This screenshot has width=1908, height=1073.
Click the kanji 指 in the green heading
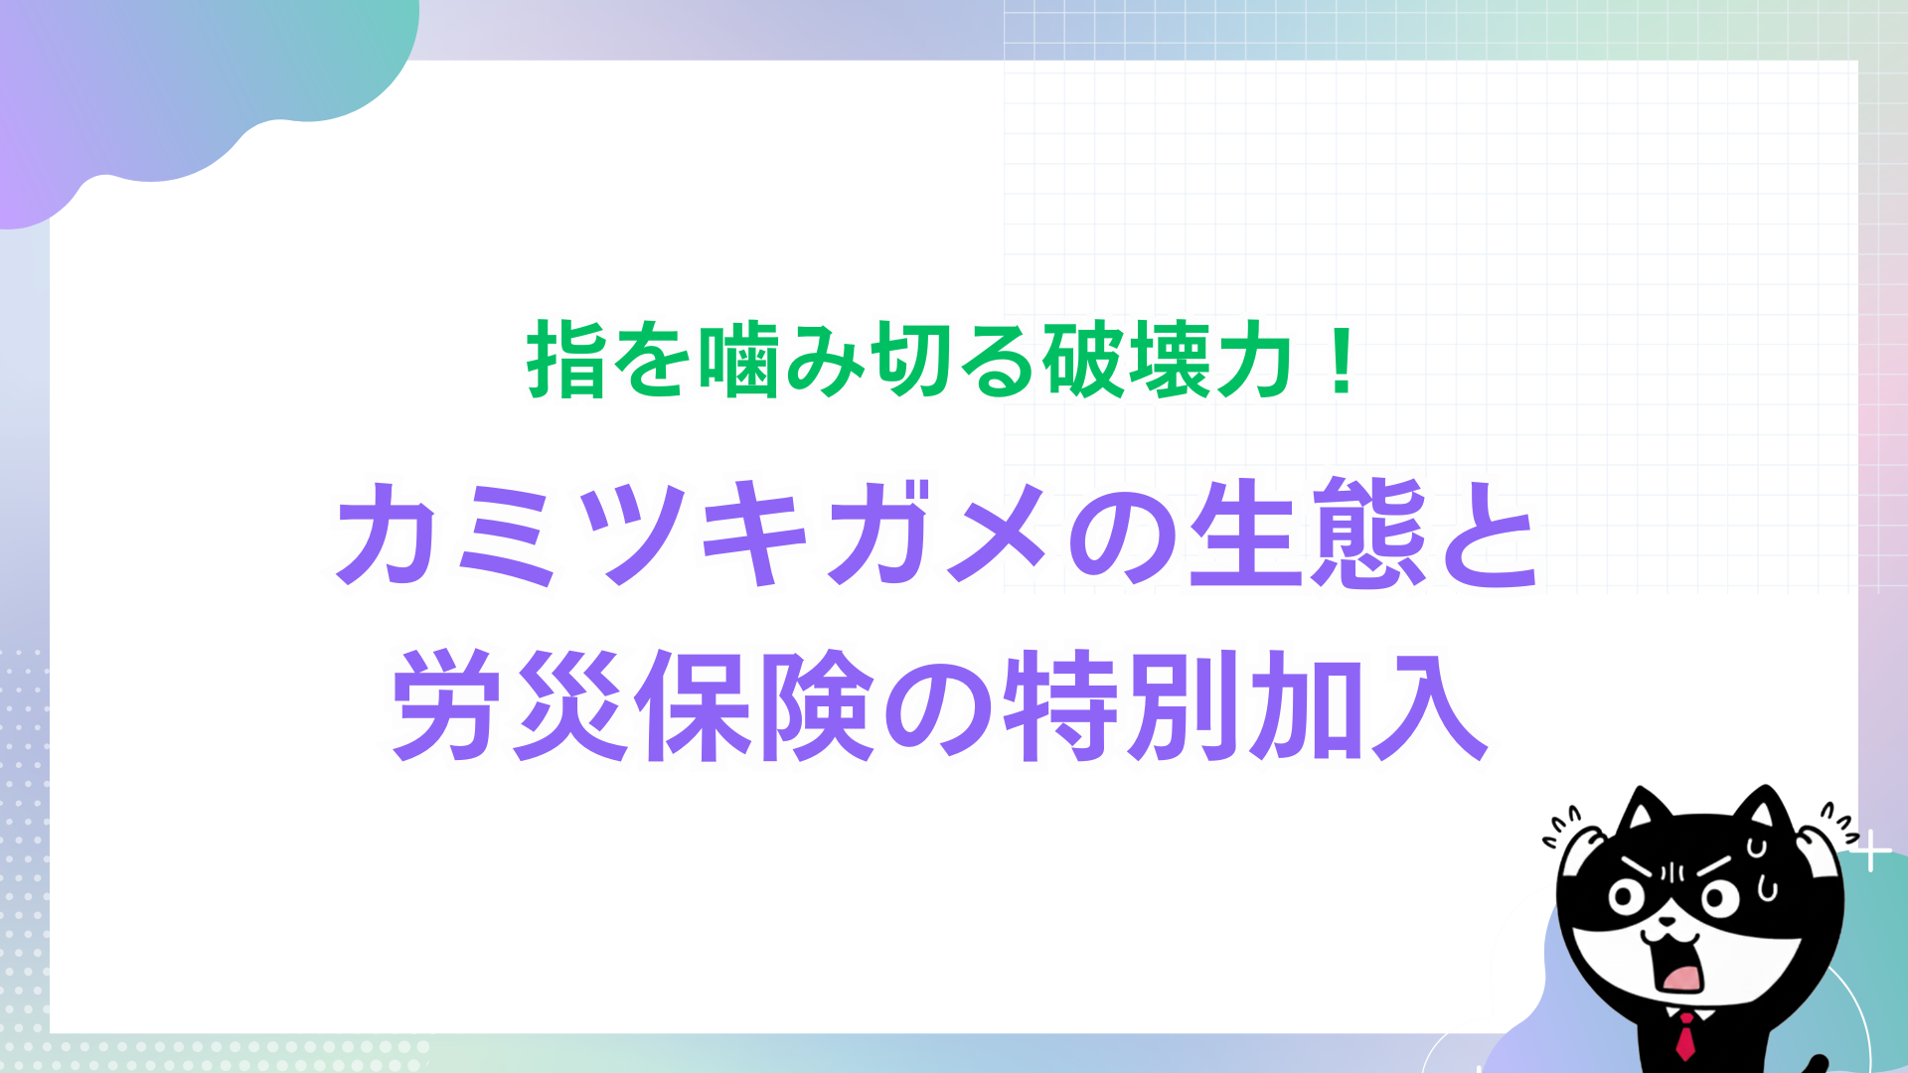(566, 360)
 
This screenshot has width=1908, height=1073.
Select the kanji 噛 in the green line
(740, 360)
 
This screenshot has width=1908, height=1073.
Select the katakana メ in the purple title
(998, 534)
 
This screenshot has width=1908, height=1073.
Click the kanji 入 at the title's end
(1430, 707)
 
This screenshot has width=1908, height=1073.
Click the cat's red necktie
(1686, 1035)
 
